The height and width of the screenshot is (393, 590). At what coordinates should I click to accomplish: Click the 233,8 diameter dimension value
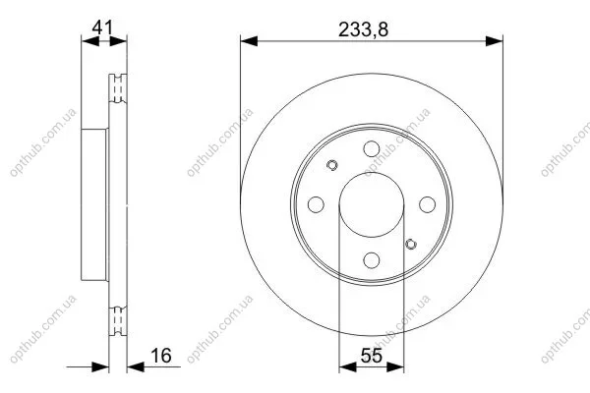pos(363,29)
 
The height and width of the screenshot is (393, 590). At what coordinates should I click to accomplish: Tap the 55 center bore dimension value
pos(372,356)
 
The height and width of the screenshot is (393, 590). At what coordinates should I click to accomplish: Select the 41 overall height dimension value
pos(102,28)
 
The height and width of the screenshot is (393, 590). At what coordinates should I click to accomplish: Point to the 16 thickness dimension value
pos(161,356)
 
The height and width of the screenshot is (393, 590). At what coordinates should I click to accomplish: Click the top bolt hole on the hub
pos(372,149)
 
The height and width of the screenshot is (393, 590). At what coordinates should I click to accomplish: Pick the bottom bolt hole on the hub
pos(372,260)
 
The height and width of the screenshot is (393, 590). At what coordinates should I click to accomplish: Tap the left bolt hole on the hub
pos(316,204)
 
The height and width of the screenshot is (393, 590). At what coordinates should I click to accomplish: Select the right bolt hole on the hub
pos(427,204)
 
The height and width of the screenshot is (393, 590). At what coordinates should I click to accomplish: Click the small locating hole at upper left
pos(332,165)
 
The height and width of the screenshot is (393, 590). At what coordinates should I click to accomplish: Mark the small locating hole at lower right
pos(411,244)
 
